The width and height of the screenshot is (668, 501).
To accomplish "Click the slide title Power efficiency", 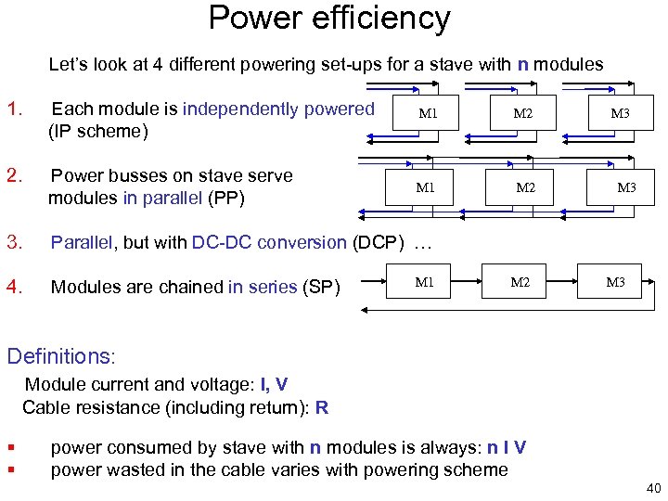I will click(x=329, y=19).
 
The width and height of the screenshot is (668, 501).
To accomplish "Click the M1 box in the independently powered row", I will click(x=428, y=114).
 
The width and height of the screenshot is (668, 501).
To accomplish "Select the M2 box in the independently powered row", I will click(x=523, y=114).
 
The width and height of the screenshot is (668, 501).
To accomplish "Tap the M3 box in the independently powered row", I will click(x=620, y=114).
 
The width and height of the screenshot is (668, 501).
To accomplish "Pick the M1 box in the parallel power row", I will click(x=426, y=187).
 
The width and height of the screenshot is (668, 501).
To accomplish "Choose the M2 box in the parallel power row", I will click(x=526, y=187).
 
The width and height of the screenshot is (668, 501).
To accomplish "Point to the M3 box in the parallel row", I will click(x=627, y=187).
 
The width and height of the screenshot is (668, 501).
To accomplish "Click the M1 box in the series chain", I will click(x=424, y=282).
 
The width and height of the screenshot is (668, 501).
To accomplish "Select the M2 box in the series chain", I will click(x=520, y=282).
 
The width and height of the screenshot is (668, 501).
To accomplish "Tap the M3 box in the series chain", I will click(x=615, y=282).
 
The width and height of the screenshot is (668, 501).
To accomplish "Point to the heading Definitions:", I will click(x=61, y=355).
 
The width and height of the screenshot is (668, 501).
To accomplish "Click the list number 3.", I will click(x=14, y=242).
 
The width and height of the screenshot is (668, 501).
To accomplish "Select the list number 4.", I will click(x=14, y=287).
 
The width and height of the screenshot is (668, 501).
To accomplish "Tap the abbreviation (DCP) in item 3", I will click(x=378, y=242).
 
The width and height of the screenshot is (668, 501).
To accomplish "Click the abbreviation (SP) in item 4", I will click(x=322, y=287).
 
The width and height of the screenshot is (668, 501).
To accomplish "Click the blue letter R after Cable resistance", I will click(x=322, y=406).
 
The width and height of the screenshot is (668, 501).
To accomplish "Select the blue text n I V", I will click(x=507, y=447).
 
